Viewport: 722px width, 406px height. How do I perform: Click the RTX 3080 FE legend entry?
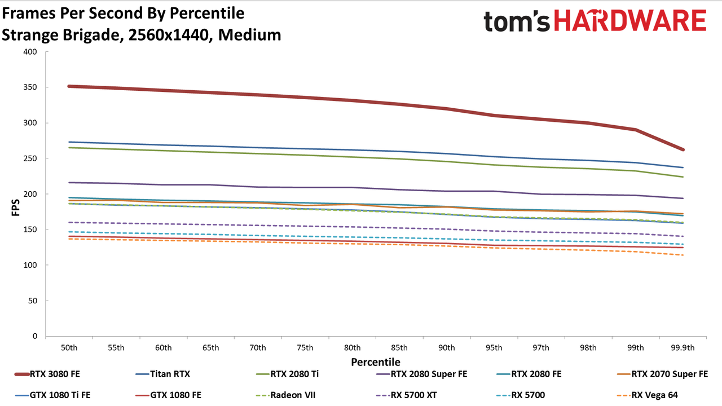(47, 374)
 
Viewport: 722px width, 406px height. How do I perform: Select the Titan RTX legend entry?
(163, 374)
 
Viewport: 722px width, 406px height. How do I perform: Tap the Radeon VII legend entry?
(285, 395)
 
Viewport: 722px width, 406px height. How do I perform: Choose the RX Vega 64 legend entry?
(647, 395)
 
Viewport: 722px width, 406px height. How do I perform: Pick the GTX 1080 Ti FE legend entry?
(52, 395)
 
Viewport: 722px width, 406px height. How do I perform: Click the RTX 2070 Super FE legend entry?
(662, 374)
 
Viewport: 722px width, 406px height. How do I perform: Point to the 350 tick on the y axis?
(30, 87)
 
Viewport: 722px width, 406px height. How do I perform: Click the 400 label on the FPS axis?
(30, 52)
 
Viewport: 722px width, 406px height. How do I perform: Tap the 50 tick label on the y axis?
(33, 301)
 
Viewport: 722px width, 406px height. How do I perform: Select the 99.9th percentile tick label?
(683, 348)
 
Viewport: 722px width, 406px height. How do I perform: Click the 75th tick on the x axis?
(305, 348)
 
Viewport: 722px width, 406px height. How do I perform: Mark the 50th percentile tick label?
(69, 348)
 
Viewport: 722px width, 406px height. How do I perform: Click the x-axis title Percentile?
(376, 362)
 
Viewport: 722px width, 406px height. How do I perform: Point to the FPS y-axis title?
(15, 208)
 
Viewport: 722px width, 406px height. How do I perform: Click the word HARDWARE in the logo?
(630, 21)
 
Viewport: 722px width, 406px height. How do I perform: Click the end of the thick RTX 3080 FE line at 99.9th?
(683, 149)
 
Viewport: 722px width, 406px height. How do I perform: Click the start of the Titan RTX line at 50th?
(69, 142)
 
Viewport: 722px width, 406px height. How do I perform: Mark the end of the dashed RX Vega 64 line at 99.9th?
(683, 255)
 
